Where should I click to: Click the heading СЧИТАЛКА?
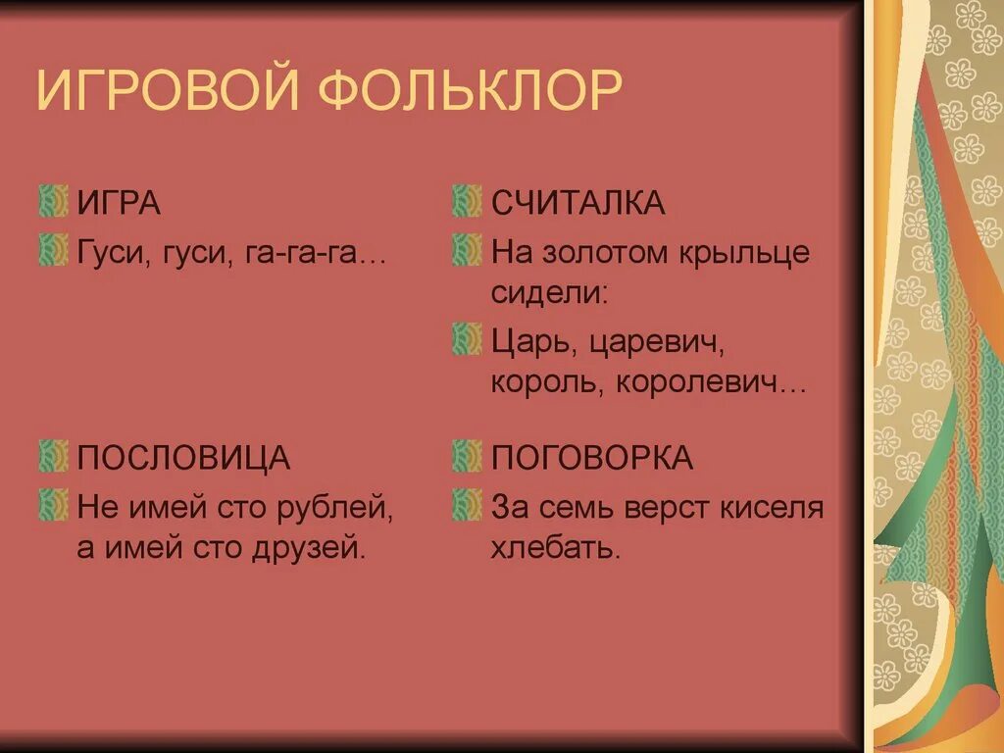point(577,204)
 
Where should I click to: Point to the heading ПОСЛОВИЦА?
point(183,458)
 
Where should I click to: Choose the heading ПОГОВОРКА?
point(592,458)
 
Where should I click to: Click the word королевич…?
point(710,382)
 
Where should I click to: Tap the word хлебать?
point(555,548)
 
